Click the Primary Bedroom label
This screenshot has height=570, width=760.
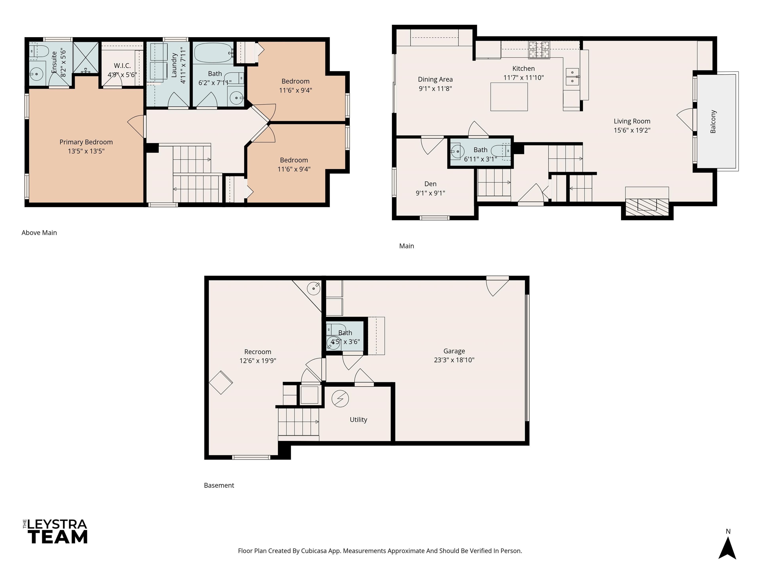86,142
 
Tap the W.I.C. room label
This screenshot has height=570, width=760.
122,66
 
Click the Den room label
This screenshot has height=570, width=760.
430,184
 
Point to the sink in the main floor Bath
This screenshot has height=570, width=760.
457,151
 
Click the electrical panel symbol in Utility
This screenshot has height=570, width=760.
340,399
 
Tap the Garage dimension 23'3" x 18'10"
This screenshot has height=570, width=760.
454,360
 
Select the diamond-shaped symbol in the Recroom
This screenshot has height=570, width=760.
221,382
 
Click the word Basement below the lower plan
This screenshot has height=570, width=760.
219,485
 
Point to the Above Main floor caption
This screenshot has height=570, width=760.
39,233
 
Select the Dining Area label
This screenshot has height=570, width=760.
435,79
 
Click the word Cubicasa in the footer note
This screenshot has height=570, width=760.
314,551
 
